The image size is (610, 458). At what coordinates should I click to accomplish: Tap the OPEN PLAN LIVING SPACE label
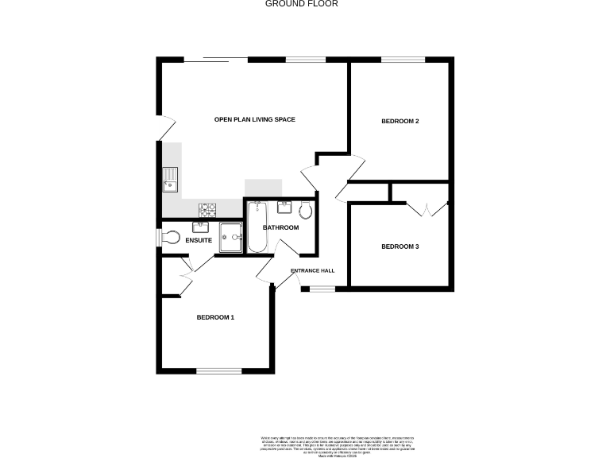coord(255,120)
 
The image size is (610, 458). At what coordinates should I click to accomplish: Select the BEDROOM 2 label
coord(400,121)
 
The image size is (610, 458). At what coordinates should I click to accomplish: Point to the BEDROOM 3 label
coord(400,246)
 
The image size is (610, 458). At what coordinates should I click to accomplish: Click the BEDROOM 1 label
coord(215,317)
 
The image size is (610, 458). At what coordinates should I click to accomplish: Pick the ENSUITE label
coord(198,239)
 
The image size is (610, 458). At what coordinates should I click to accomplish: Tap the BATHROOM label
coord(280,227)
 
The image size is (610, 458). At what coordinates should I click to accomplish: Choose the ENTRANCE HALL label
coord(312,270)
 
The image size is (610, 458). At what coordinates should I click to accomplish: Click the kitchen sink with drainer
coord(170,180)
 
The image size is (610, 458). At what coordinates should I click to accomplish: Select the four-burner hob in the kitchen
coord(207,210)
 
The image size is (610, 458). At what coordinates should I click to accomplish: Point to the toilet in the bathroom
coord(306,209)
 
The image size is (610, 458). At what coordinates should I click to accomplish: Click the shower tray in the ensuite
coord(230,236)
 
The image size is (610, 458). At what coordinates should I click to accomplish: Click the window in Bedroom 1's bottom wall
coord(218,371)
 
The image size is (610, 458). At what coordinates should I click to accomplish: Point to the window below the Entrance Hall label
coord(322,289)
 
